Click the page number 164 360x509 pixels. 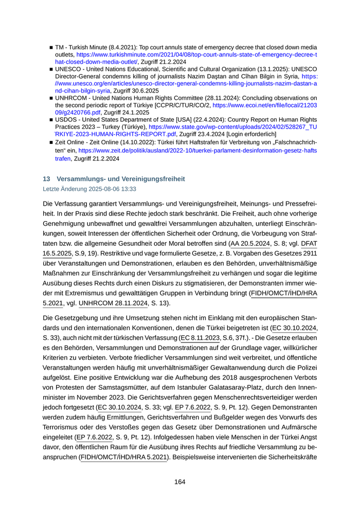pos(179,482)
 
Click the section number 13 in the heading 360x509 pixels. pos(46,179)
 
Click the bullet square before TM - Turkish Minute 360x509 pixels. pos(51,47)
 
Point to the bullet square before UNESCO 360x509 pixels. pos(51,68)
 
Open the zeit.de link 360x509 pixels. pos(197,151)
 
